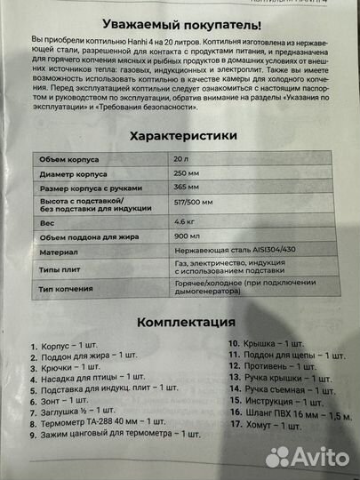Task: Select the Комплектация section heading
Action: (180, 321)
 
